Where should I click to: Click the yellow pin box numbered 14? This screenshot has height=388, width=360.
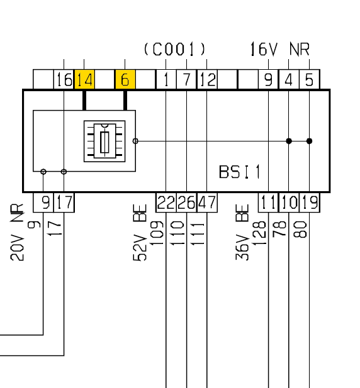[84, 79]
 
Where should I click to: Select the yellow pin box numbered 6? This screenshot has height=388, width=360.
[125, 79]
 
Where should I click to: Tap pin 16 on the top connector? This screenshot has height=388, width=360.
[64, 79]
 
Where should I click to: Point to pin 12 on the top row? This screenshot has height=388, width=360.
[207, 79]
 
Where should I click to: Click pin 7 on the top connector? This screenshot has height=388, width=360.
[186, 79]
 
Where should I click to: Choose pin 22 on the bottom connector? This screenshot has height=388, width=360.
[166, 202]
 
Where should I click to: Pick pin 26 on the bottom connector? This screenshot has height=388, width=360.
[186, 202]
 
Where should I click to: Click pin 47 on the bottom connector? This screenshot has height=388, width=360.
[207, 202]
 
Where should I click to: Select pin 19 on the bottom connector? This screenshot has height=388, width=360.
[310, 202]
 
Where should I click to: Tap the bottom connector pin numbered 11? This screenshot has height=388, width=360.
[268, 202]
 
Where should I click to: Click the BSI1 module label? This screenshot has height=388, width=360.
[240, 172]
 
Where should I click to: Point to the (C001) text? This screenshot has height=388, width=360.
[175, 49]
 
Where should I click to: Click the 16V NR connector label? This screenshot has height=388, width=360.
[280, 49]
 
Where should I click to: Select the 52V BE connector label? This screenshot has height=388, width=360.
[140, 232]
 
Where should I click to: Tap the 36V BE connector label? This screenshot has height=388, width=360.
[242, 232]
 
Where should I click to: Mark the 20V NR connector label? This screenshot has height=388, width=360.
[17, 232]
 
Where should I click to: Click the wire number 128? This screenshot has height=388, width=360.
[259, 233]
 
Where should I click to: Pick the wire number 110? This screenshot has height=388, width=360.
[177, 233]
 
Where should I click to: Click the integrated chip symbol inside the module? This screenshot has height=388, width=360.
[104, 141]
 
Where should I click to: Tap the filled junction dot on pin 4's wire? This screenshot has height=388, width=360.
[289, 141]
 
